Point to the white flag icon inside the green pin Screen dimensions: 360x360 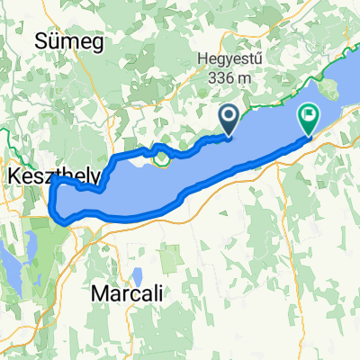309,114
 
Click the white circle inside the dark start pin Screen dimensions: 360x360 229,114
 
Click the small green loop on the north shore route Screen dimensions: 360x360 162,159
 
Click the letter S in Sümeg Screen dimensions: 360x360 39,41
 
